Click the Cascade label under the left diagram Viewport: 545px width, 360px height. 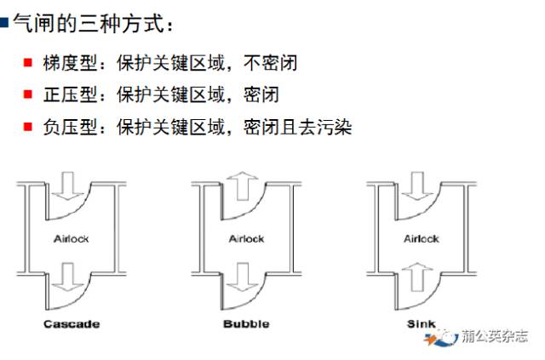click(x=71, y=323)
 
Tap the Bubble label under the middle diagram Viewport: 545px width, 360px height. click(x=246, y=323)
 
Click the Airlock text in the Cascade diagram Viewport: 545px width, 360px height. click(x=72, y=239)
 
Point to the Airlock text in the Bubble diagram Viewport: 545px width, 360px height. click(x=247, y=239)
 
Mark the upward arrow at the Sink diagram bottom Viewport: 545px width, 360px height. click(x=416, y=277)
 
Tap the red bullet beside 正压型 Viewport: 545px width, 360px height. click(x=26, y=94)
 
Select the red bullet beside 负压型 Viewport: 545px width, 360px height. click(x=26, y=127)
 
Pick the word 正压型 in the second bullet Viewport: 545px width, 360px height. click(x=62, y=94)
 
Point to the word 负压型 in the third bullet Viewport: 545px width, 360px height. click(x=62, y=127)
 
